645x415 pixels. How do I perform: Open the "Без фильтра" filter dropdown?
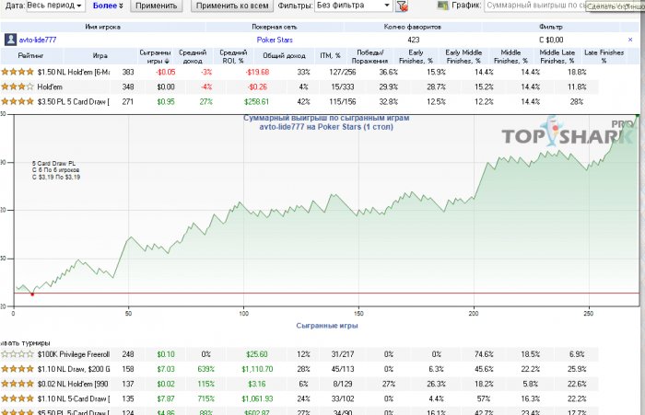pyautogui.click(x=350, y=6)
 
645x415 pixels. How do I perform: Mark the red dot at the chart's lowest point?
pyautogui.click(x=32, y=294)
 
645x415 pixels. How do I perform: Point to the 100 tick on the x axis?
pyautogui.click(x=243, y=313)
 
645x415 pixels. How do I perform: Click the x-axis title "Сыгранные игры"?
pyautogui.click(x=327, y=326)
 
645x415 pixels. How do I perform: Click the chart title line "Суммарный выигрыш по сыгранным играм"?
pyautogui.click(x=325, y=119)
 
